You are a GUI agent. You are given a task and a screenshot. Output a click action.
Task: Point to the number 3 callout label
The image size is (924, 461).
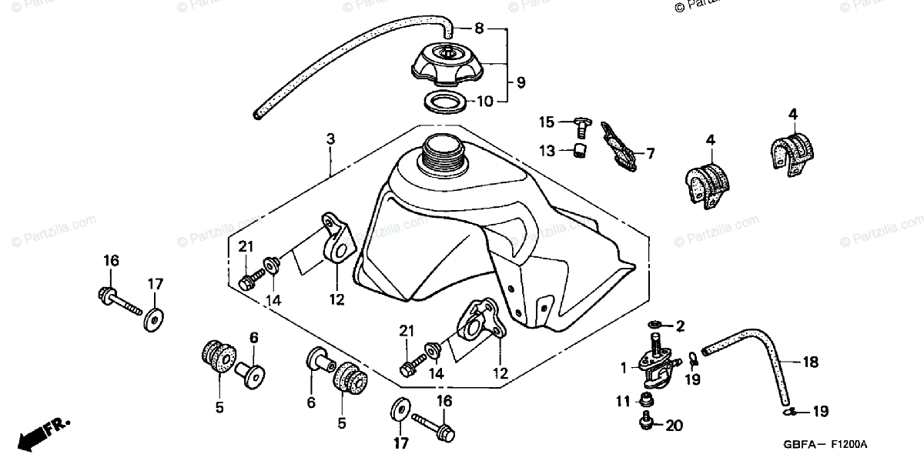pyautogui.click(x=330, y=139)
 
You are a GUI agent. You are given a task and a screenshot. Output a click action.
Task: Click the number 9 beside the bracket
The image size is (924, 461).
pyautogui.click(x=521, y=82)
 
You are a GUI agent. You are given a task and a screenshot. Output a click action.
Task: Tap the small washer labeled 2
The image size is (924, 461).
pyautogui.click(x=655, y=324)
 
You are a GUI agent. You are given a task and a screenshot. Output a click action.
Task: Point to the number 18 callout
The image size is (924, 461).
pyautogui.click(x=810, y=362)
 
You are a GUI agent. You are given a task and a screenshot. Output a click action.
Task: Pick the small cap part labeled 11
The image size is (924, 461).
pyautogui.click(x=648, y=399)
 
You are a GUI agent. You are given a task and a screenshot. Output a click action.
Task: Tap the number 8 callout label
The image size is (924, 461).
pyautogui.click(x=478, y=30)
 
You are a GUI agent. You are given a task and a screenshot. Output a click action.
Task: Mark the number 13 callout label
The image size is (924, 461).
pyautogui.click(x=547, y=151)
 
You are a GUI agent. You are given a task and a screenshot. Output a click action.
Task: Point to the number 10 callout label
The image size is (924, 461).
pyautogui.click(x=485, y=101)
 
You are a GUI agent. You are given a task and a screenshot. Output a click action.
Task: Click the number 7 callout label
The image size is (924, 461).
pyautogui.click(x=650, y=154)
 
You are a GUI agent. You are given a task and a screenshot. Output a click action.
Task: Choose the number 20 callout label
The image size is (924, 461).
pyautogui.click(x=675, y=424)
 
